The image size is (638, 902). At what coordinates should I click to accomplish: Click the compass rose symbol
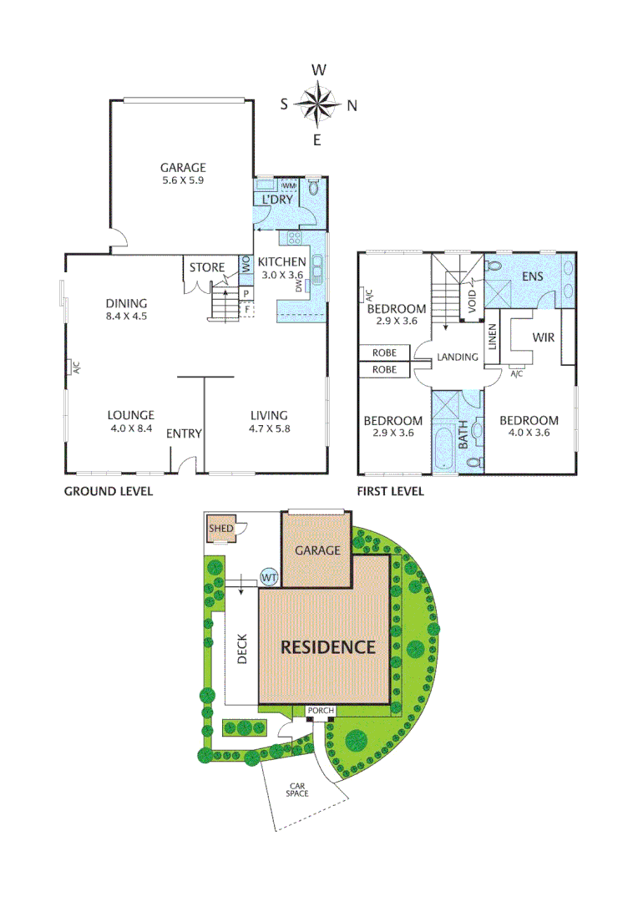coord(317,104)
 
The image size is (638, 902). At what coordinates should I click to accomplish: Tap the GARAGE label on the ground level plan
coord(183,167)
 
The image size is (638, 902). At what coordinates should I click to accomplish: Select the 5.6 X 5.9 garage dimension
coord(183,180)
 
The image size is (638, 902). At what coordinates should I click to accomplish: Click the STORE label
coord(207,267)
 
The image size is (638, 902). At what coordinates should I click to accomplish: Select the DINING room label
coord(126,303)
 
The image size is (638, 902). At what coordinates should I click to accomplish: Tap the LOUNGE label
coord(130,414)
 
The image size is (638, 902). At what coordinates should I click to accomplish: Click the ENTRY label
coord(184,433)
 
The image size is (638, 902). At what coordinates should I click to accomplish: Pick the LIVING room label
coord(269,414)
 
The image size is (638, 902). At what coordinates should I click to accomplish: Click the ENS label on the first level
coord(532,276)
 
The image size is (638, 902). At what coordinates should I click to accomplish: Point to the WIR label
coord(544,338)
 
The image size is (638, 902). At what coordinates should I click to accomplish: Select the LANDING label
coord(458,357)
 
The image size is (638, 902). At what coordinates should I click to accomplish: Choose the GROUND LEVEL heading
coord(109,491)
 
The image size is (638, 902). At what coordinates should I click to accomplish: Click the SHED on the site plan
coord(221,530)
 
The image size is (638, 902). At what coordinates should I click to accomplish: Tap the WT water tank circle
coord(268,576)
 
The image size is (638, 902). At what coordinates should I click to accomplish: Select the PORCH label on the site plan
coord(321,712)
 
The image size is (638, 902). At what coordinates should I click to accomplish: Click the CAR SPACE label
coord(298,789)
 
